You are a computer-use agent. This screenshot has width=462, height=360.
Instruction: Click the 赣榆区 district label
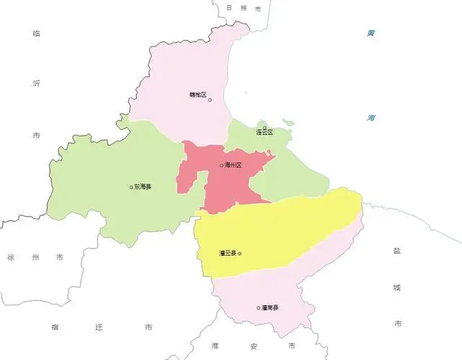pyautogui.click(x=197, y=95)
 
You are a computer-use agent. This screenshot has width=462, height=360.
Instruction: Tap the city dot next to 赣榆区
pyautogui.click(x=210, y=100)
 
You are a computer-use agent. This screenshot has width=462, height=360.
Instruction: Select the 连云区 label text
pyautogui.click(x=265, y=133)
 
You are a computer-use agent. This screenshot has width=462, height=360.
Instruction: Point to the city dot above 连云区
pyautogui.click(x=265, y=127)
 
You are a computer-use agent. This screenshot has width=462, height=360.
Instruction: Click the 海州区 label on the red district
pyautogui.click(x=234, y=166)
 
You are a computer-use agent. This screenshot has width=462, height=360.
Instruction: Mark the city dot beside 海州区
pyautogui.click(x=222, y=166)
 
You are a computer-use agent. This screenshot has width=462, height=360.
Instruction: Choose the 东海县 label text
pyautogui.click(x=142, y=187)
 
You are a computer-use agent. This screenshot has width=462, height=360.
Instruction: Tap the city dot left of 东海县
pyautogui.click(x=130, y=187)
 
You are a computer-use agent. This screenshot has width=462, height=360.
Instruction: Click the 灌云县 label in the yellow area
pyautogui.click(x=227, y=253)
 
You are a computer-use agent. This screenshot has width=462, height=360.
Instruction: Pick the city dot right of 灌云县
pyautogui.click(x=239, y=253)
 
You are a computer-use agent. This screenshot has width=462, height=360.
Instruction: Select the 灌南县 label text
pyautogui.click(x=270, y=308)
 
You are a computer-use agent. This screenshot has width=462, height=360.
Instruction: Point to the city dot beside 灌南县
pyautogui.click(x=258, y=308)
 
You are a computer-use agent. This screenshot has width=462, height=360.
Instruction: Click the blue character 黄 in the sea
pyautogui.click(x=370, y=33)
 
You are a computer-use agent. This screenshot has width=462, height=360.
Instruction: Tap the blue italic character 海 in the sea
pyautogui.click(x=370, y=117)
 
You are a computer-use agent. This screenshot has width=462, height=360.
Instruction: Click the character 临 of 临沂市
pyautogui.click(x=37, y=34)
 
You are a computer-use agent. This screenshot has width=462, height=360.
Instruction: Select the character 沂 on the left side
pyautogui.click(x=37, y=84)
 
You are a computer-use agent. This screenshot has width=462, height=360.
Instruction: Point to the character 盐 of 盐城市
pyautogui.click(x=396, y=251)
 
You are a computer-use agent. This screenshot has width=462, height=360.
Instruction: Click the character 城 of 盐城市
pyautogui.click(x=396, y=288)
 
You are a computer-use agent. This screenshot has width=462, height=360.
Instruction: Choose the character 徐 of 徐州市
pyautogui.click(x=11, y=257)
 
